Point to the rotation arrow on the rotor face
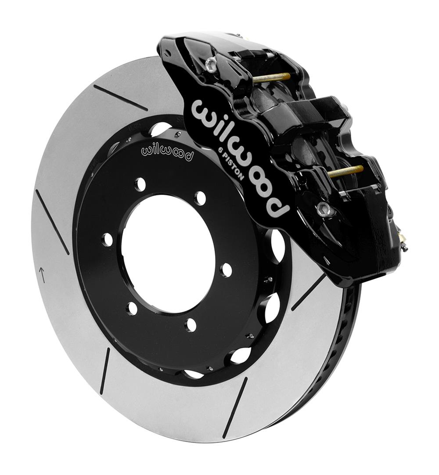tap(42, 275)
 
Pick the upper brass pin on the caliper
tap(271, 78)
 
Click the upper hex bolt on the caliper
tap(211, 65)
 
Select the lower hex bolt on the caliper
tap(325, 209)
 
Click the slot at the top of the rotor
tap(120, 97)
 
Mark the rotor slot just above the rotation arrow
tap(52, 221)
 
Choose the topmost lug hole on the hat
tap(140, 184)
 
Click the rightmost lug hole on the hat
tap(226, 270)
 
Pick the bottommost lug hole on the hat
tap(191, 325)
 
